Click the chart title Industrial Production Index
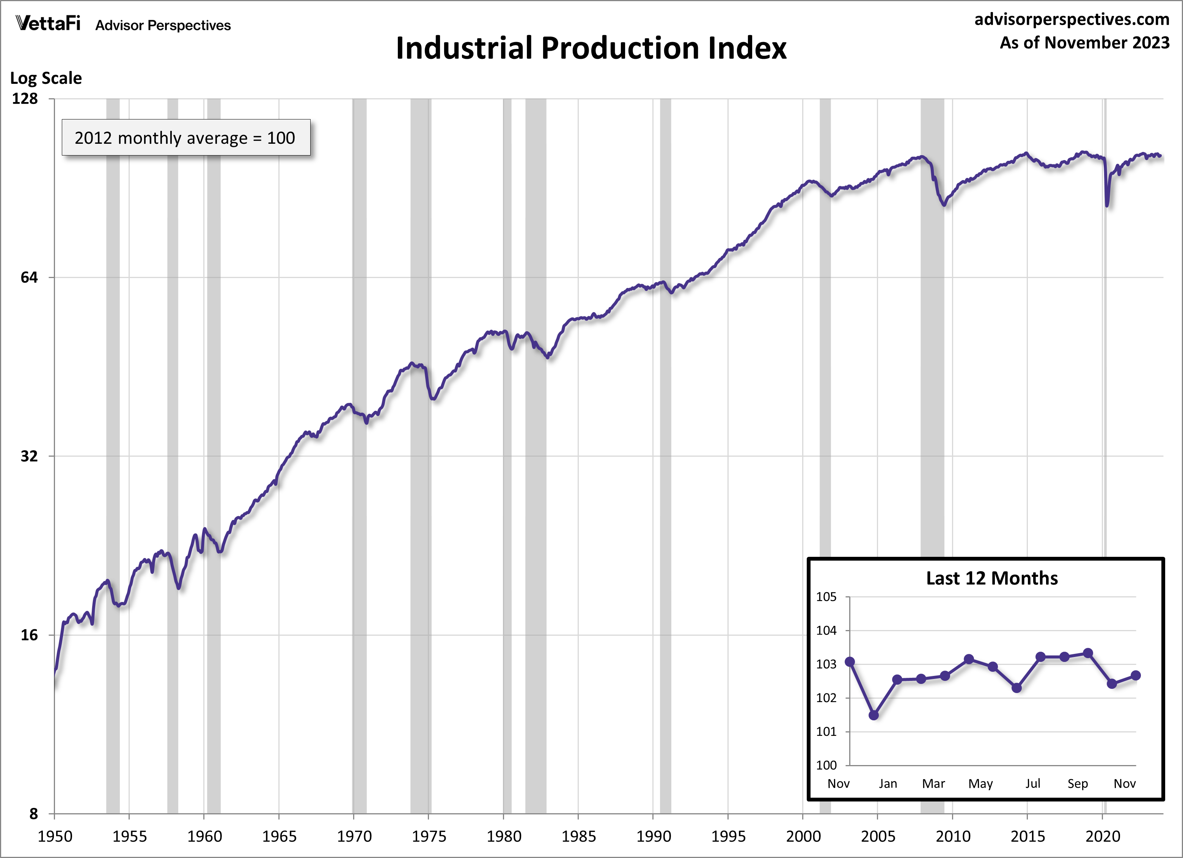point(591,48)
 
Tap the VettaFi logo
point(48,24)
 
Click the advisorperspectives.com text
point(1072,19)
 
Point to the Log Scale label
point(46,78)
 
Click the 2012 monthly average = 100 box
point(186,138)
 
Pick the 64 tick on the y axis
point(29,278)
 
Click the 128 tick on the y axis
point(25,99)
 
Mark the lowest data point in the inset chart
point(874,715)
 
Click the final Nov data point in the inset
point(1136,676)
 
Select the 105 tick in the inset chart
point(826,597)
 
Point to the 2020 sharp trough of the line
point(1107,205)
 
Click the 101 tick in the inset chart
point(826,732)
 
